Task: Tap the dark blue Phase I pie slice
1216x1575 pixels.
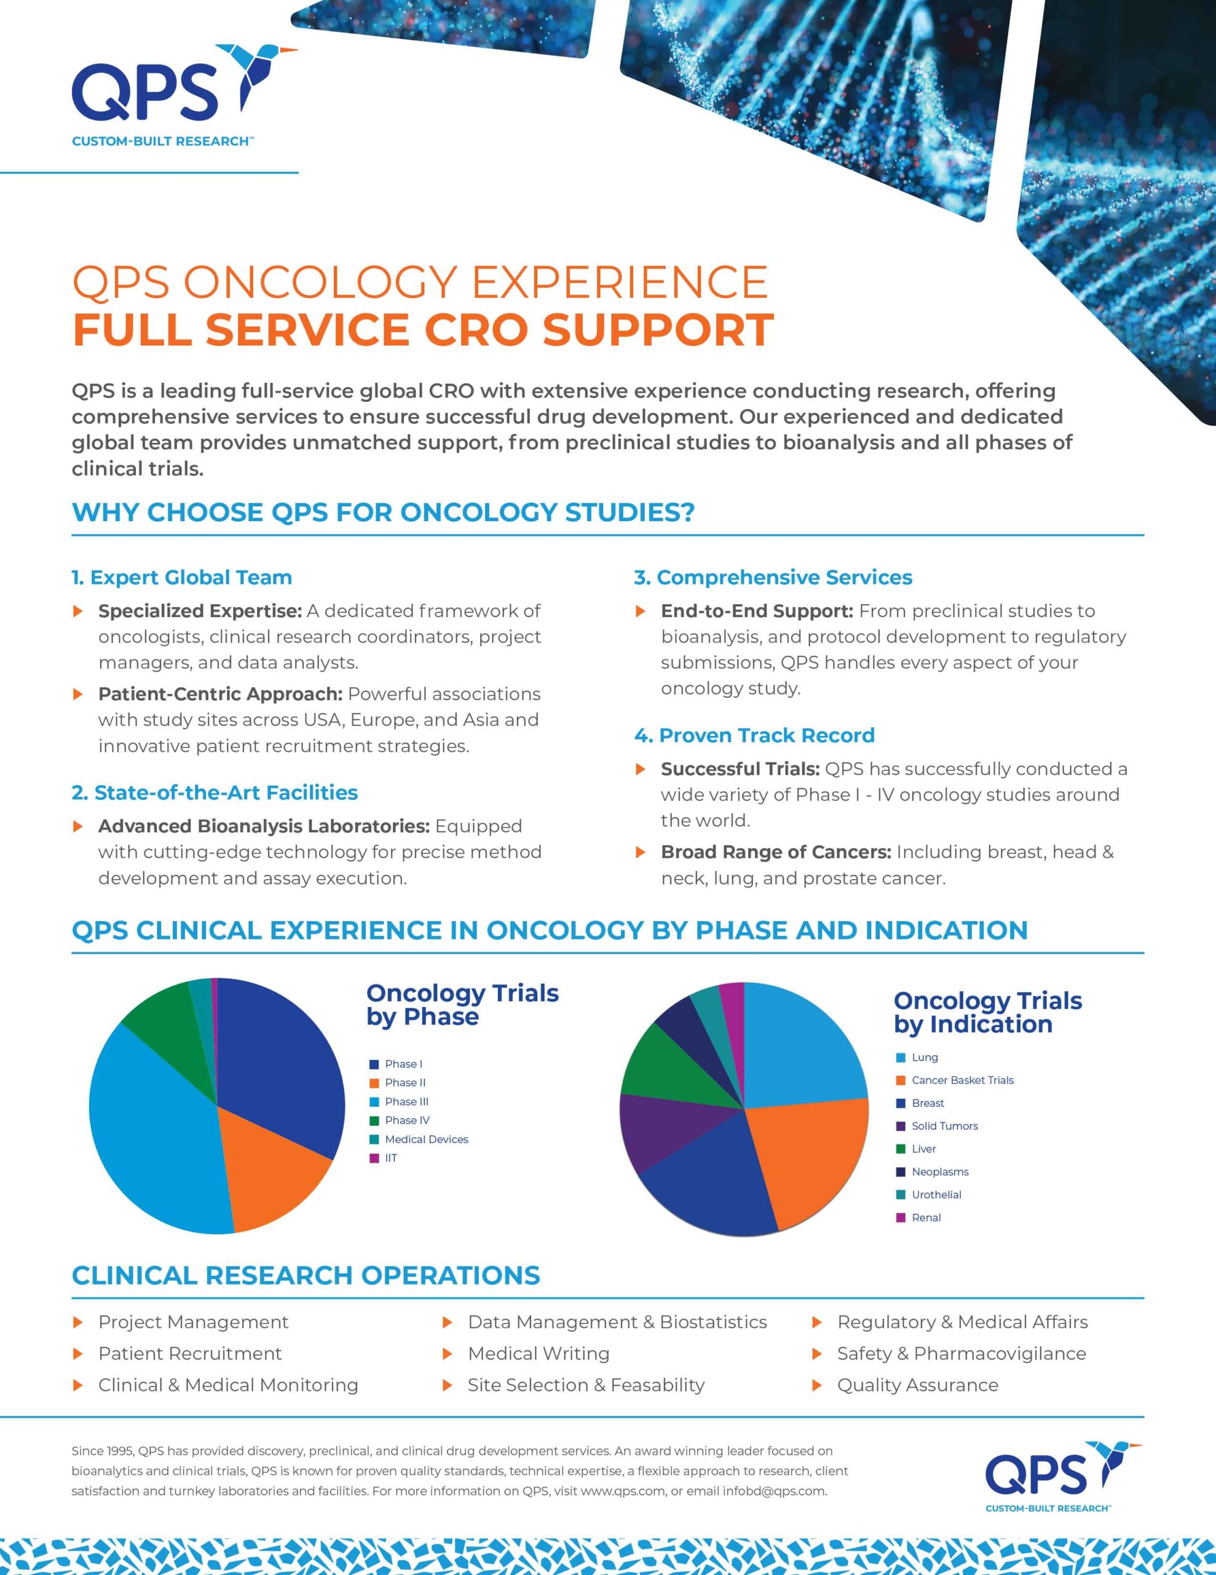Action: (277, 1060)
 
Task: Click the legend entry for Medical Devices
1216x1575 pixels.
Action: (426, 1139)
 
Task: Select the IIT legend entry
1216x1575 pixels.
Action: (390, 1158)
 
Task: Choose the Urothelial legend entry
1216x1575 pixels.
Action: (936, 1195)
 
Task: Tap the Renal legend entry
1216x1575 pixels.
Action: (925, 1218)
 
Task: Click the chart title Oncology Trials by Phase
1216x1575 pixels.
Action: (462, 1005)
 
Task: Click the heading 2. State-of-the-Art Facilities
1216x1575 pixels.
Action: (215, 792)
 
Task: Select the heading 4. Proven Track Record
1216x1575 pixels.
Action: (754, 735)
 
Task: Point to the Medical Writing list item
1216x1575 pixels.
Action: (539, 1354)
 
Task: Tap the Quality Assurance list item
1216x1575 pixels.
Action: (917, 1386)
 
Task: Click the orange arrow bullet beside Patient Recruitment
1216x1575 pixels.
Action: (79, 1354)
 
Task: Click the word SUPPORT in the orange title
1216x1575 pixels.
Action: (657, 330)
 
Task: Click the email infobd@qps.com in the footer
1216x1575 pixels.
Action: (774, 1491)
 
